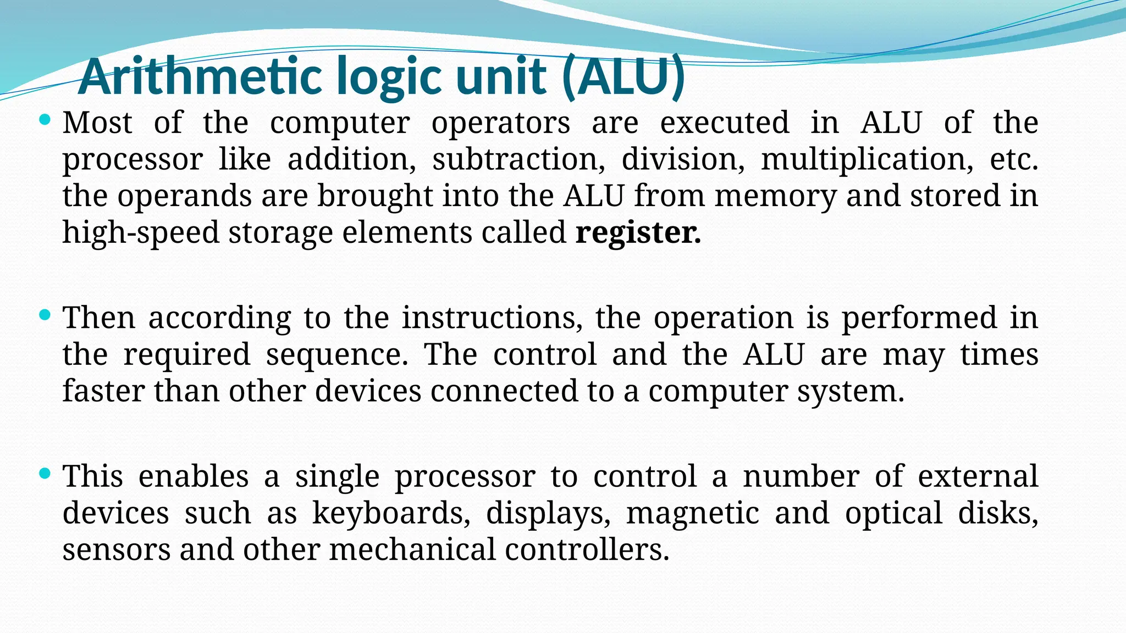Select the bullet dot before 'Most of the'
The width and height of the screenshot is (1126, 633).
coord(46,119)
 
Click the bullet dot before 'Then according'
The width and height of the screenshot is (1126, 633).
coord(46,315)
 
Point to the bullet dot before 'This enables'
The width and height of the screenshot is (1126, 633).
coord(46,473)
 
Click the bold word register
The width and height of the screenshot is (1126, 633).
coord(638,232)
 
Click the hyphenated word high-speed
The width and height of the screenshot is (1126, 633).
coord(141,232)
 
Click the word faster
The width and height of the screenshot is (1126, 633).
coord(103,391)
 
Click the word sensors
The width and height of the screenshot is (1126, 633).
coord(117,549)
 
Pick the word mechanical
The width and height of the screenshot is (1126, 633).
coord(412,549)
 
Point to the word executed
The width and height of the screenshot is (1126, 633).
coord(725,123)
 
